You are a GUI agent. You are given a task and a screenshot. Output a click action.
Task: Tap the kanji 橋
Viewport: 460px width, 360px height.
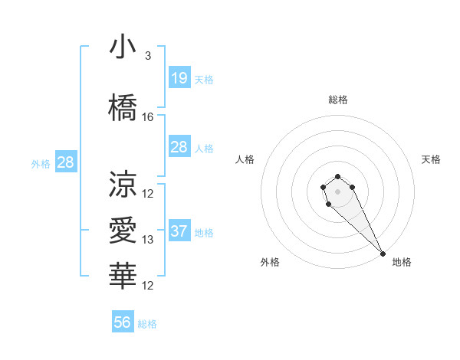(x=123, y=108)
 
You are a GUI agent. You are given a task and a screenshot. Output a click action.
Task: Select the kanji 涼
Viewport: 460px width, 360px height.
(x=123, y=184)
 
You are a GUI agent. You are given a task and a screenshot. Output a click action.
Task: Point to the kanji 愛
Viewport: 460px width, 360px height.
(x=123, y=230)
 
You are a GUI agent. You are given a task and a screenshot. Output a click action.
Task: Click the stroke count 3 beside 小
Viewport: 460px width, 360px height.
(x=148, y=56)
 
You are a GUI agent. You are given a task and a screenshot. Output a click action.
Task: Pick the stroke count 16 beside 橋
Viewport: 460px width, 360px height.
(x=148, y=117)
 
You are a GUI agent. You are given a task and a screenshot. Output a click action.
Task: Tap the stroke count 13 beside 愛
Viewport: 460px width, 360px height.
(x=148, y=240)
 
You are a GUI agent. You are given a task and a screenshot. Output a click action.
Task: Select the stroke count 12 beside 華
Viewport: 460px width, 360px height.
(x=148, y=286)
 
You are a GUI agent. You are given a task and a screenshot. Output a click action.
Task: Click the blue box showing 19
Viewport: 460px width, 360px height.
(x=179, y=77)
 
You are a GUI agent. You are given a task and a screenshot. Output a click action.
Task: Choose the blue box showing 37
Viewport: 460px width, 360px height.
(x=179, y=231)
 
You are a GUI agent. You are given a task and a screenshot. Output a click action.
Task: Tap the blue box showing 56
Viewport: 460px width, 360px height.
(x=122, y=322)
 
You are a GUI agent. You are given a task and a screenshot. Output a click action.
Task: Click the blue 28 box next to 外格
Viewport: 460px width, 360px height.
(x=64, y=162)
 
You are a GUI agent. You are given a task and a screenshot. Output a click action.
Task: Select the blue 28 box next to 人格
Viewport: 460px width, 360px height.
(x=179, y=147)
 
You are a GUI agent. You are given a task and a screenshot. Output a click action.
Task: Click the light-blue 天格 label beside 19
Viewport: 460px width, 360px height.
(x=204, y=79)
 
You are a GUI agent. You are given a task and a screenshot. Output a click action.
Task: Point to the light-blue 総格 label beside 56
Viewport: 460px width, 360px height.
(x=147, y=324)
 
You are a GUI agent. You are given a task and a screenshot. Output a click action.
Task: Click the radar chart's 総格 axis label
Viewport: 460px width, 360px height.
(x=338, y=100)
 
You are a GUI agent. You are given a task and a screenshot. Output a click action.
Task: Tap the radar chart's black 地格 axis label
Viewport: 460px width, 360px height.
(x=402, y=263)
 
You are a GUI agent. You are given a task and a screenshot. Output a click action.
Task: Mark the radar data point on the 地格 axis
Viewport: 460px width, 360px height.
(x=383, y=254)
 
